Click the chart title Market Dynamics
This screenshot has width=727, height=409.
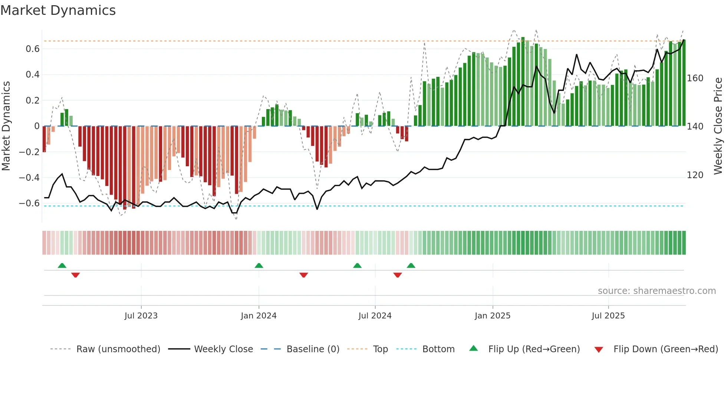click(58, 10)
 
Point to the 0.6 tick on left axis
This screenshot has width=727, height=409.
click(33, 49)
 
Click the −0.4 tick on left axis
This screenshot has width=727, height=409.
click(29, 177)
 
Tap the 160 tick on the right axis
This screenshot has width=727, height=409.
click(695, 78)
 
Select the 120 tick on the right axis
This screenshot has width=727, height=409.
click(695, 175)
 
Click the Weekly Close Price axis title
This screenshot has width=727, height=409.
click(718, 126)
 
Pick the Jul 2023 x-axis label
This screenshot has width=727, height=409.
click(141, 316)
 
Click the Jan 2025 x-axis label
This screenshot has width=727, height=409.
click(492, 316)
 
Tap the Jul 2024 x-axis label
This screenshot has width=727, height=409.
click(375, 316)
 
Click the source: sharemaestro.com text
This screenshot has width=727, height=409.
click(657, 291)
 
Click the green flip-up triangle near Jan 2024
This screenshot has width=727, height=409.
click(259, 266)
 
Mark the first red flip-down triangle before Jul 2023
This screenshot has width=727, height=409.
click(75, 275)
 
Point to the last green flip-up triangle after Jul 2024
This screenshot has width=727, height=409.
click(411, 266)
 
